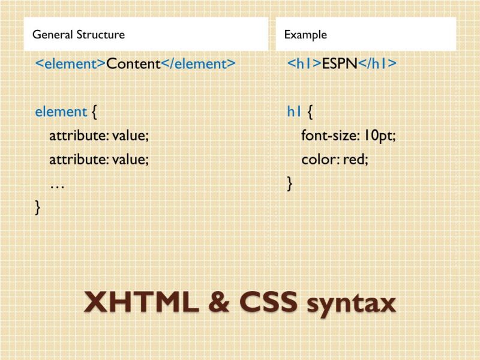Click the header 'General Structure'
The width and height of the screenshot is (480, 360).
79,34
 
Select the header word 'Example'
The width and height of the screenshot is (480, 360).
305,34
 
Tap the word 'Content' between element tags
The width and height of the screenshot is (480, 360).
133,64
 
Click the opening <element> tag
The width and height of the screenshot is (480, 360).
71,64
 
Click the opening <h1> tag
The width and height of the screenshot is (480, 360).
304,64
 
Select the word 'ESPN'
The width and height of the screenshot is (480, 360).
339,64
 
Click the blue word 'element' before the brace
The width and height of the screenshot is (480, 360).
61,112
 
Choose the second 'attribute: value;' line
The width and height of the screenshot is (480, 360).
98,160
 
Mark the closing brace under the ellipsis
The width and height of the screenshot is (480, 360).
38,208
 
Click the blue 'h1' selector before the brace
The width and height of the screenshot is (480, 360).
294,112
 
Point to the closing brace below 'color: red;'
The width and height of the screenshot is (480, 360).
290,184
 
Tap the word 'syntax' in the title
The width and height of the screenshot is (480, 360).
352,304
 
